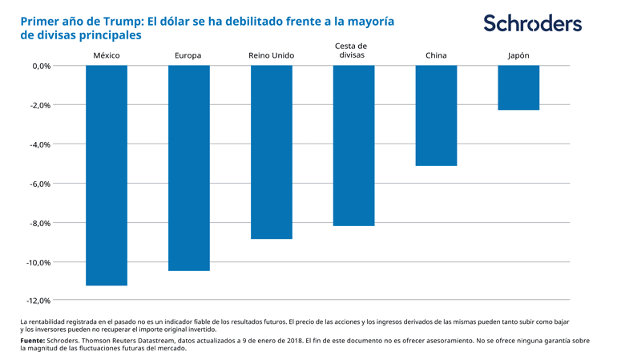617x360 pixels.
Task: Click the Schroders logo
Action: [532, 23]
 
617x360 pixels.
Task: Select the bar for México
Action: [107, 175]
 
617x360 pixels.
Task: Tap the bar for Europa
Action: [188, 168]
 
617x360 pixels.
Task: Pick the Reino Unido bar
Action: [271, 152]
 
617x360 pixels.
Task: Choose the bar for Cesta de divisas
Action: [353, 145]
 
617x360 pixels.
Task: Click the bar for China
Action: [436, 115]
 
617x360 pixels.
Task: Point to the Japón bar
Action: [518, 87]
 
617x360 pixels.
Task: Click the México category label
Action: [107, 55]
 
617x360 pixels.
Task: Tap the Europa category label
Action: [188, 55]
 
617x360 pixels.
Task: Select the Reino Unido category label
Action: [271, 55]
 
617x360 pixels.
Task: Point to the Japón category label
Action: [518, 55]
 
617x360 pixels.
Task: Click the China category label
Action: [436, 55]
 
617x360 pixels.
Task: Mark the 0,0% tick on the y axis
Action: [42, 66]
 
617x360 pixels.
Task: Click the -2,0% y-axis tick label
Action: [41, 105]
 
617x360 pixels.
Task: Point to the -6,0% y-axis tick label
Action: [41, 184]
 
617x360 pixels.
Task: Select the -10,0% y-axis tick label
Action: [39, 262]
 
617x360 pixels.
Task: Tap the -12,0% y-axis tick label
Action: [39, 301]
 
